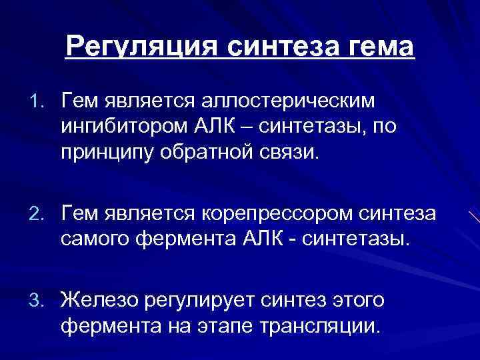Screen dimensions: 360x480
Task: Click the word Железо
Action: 97,301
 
